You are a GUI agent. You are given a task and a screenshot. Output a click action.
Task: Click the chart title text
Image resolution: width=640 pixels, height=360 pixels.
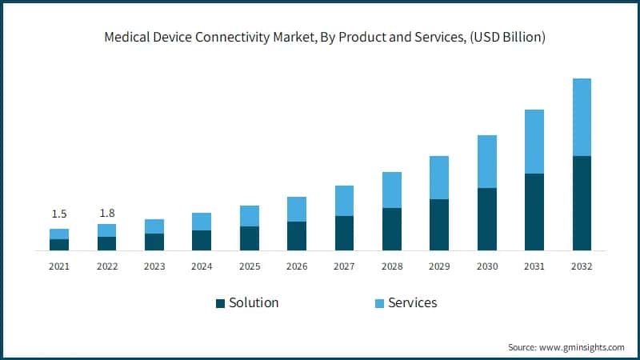320,38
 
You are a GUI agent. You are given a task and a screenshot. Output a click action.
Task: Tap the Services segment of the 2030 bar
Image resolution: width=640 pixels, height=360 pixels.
486,162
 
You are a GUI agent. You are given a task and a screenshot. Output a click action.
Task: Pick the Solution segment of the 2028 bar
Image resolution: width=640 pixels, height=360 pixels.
391,230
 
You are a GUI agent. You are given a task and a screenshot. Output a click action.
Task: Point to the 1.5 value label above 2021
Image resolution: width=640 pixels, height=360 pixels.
59,214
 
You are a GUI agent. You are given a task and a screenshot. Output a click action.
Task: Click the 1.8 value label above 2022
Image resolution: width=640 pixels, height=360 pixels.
106,214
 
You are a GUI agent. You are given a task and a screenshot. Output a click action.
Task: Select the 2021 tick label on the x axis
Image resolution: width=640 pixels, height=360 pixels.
59,266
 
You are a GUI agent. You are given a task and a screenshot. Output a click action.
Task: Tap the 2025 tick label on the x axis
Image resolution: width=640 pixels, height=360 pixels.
249,266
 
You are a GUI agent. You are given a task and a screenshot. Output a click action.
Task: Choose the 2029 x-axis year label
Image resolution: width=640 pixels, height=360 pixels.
439,266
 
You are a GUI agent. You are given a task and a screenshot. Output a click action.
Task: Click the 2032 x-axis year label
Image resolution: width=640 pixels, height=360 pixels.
582,266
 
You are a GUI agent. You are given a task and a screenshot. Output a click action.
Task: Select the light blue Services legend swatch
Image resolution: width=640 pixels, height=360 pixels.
379,303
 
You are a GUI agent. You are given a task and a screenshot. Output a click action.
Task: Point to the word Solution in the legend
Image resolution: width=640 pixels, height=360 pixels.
254,302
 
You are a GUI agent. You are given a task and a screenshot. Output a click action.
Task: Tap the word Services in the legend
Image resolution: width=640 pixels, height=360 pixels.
413,302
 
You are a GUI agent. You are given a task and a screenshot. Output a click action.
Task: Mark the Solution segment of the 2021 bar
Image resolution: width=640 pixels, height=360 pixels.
59,245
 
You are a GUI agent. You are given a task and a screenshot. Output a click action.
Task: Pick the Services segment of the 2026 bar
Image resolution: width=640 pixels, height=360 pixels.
297,209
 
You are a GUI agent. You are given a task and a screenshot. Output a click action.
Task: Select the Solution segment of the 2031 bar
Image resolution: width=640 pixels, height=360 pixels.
534,212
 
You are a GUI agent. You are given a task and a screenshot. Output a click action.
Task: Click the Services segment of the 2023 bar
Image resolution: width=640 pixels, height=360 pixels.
154,226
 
